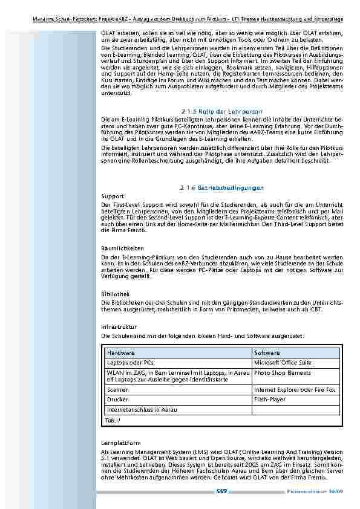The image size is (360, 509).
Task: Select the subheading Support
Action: pyautogui.click(x=113, y=196)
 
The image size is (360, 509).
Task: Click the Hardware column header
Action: pyautogui.click(x=121, y=352)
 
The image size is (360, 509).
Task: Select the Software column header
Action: pyautogui.click(x=267, y=352)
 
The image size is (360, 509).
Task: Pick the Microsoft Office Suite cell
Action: pyautogui.click(x=283, y=362)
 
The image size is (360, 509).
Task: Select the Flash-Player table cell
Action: pyautogui.click(x=270, y=400)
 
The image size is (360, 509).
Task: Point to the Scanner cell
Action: pyautogui.click(x=117, y=390)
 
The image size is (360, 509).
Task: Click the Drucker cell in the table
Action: pyautogui.click(x=117, y=400)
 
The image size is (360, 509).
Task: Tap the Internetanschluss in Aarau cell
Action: pyautogui.click(x=138, y=409)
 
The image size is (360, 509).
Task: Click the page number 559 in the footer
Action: pyautogui.click(x=221, y=492)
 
